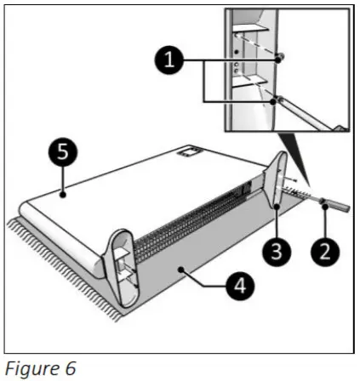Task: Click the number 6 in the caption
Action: click(x=71, y=367)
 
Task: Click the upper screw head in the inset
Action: click(x=281, y=57)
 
